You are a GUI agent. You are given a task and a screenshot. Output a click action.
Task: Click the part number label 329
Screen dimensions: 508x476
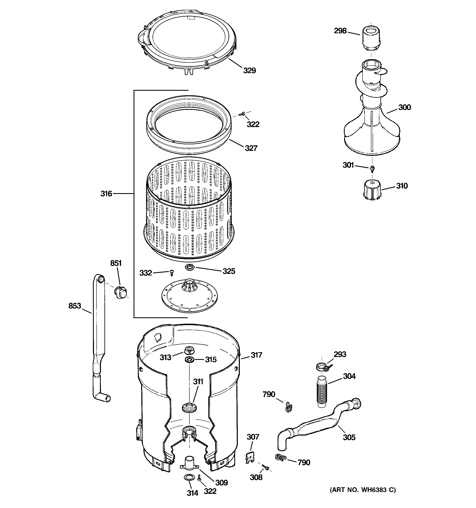point(249,71)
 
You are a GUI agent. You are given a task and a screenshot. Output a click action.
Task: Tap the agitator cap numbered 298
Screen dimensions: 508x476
point(371,39)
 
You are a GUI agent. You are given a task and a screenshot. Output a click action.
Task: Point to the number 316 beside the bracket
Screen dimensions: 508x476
point(106,194)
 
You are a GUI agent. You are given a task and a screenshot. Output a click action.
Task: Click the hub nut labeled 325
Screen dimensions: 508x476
point(190,268)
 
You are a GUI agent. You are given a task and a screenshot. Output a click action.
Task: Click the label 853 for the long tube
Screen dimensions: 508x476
point(75,306)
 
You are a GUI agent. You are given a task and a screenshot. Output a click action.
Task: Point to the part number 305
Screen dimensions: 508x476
point(349,437)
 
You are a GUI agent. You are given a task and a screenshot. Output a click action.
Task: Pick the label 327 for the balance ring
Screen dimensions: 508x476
point(251,148)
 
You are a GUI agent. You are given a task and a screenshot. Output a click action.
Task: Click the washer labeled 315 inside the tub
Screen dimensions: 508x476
point(189,360)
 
